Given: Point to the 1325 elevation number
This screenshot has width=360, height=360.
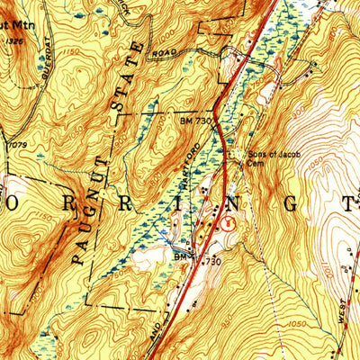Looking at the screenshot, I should pyautogui.click(x=12, y=40).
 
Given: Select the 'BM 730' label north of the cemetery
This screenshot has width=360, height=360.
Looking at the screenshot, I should pyautogui.click(x=192, y=120).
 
